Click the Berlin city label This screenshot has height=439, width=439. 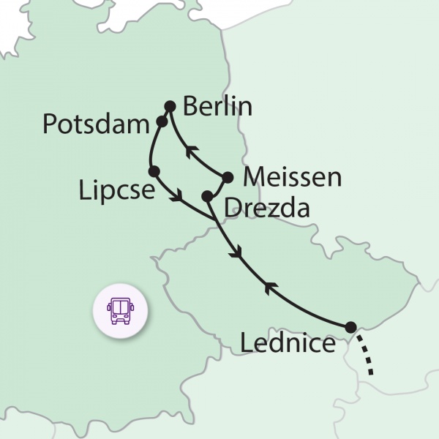point(217,107)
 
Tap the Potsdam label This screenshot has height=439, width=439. point(96,124)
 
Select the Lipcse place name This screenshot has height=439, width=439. point(117,191)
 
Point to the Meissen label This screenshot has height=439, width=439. point(290,176)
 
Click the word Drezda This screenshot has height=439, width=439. point(266,209)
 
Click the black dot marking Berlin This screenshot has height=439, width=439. point(170,106)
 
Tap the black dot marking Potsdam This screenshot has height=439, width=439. point(162,121)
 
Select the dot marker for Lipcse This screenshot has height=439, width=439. point(154,171)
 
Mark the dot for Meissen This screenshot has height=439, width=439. point(228,177)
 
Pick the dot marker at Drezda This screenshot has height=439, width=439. point(208,196)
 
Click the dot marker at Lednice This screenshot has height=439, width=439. point(351,327)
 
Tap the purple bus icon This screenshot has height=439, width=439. point(120,311)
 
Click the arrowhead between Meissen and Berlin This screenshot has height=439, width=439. point(191,152)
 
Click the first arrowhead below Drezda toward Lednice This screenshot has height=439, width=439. point(235,253)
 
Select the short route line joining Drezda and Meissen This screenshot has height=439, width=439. point(217,187)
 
